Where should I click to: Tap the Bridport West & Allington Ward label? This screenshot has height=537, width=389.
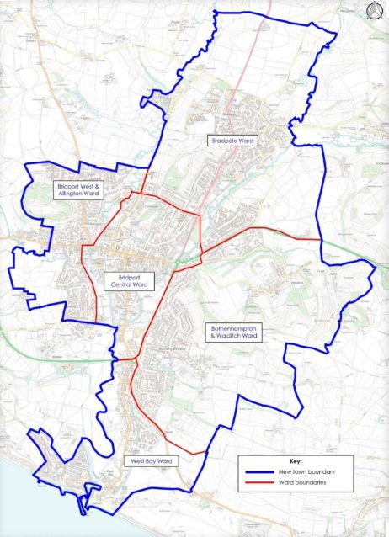[78, 189]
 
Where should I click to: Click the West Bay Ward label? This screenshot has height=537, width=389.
[151, 461]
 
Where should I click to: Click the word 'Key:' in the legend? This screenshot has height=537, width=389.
[295, 462]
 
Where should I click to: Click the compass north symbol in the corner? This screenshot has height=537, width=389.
[375, 12]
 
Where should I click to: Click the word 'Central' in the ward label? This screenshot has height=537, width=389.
[122, 285]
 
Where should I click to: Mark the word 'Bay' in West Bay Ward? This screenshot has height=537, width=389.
[152, 461]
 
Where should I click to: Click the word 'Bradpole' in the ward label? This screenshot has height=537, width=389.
[226, 141]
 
